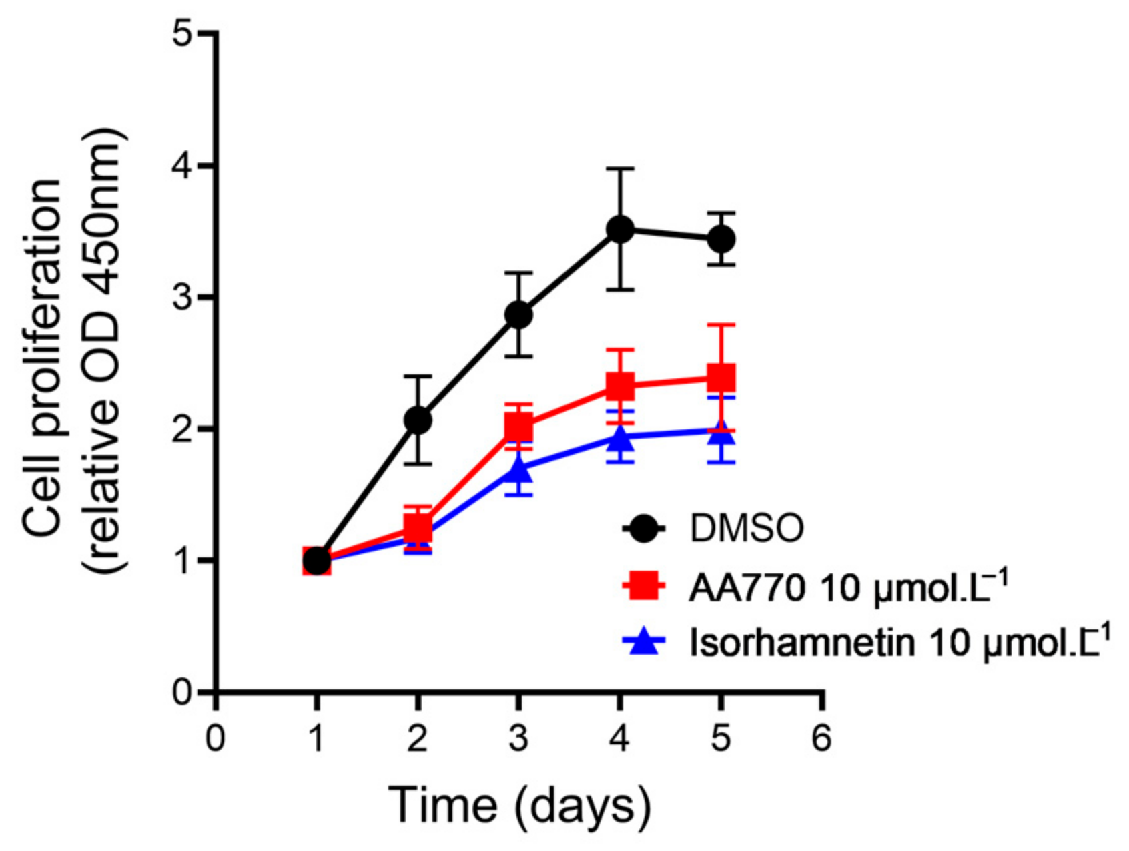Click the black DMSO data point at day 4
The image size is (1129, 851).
[x=620, y=230]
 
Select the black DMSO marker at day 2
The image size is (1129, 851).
[x=418, y=420]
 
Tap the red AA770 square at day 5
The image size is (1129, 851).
[x=721, y=378]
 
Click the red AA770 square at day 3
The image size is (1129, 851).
[x=518, y=425]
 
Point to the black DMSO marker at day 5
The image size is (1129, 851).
[x=721, y=238]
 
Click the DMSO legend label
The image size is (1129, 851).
[x=747, y=529]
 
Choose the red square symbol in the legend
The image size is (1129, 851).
[x=645, y=587]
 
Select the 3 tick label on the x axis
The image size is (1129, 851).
[x=518, y=739]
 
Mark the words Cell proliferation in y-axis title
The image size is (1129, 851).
[x=43, y=357]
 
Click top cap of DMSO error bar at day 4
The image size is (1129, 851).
[x=620, y=169]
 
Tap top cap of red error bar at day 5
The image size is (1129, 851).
[x=721, y=325]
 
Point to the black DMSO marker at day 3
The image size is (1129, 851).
[x=518, y=314]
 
